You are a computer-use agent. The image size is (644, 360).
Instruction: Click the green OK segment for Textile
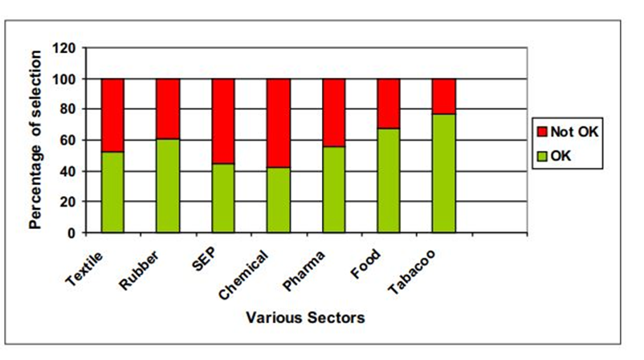tap(112, 192)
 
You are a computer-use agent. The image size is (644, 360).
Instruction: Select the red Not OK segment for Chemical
tap(279, 123)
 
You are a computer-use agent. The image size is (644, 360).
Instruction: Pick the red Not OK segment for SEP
tap(223, 121)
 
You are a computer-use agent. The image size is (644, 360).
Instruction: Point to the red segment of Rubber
tap(168, 108)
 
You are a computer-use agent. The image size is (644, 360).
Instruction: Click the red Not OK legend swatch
tap(542, 129)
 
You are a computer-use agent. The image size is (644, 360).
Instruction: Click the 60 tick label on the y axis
tap(68, 141)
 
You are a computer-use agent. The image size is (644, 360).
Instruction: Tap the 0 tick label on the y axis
tap(72, 233)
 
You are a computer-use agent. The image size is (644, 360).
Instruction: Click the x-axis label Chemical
tap(245, 273)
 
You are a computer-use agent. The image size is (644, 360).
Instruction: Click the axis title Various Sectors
tap(304, 317)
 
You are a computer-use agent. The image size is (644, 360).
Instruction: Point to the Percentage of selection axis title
tap(35, 140)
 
